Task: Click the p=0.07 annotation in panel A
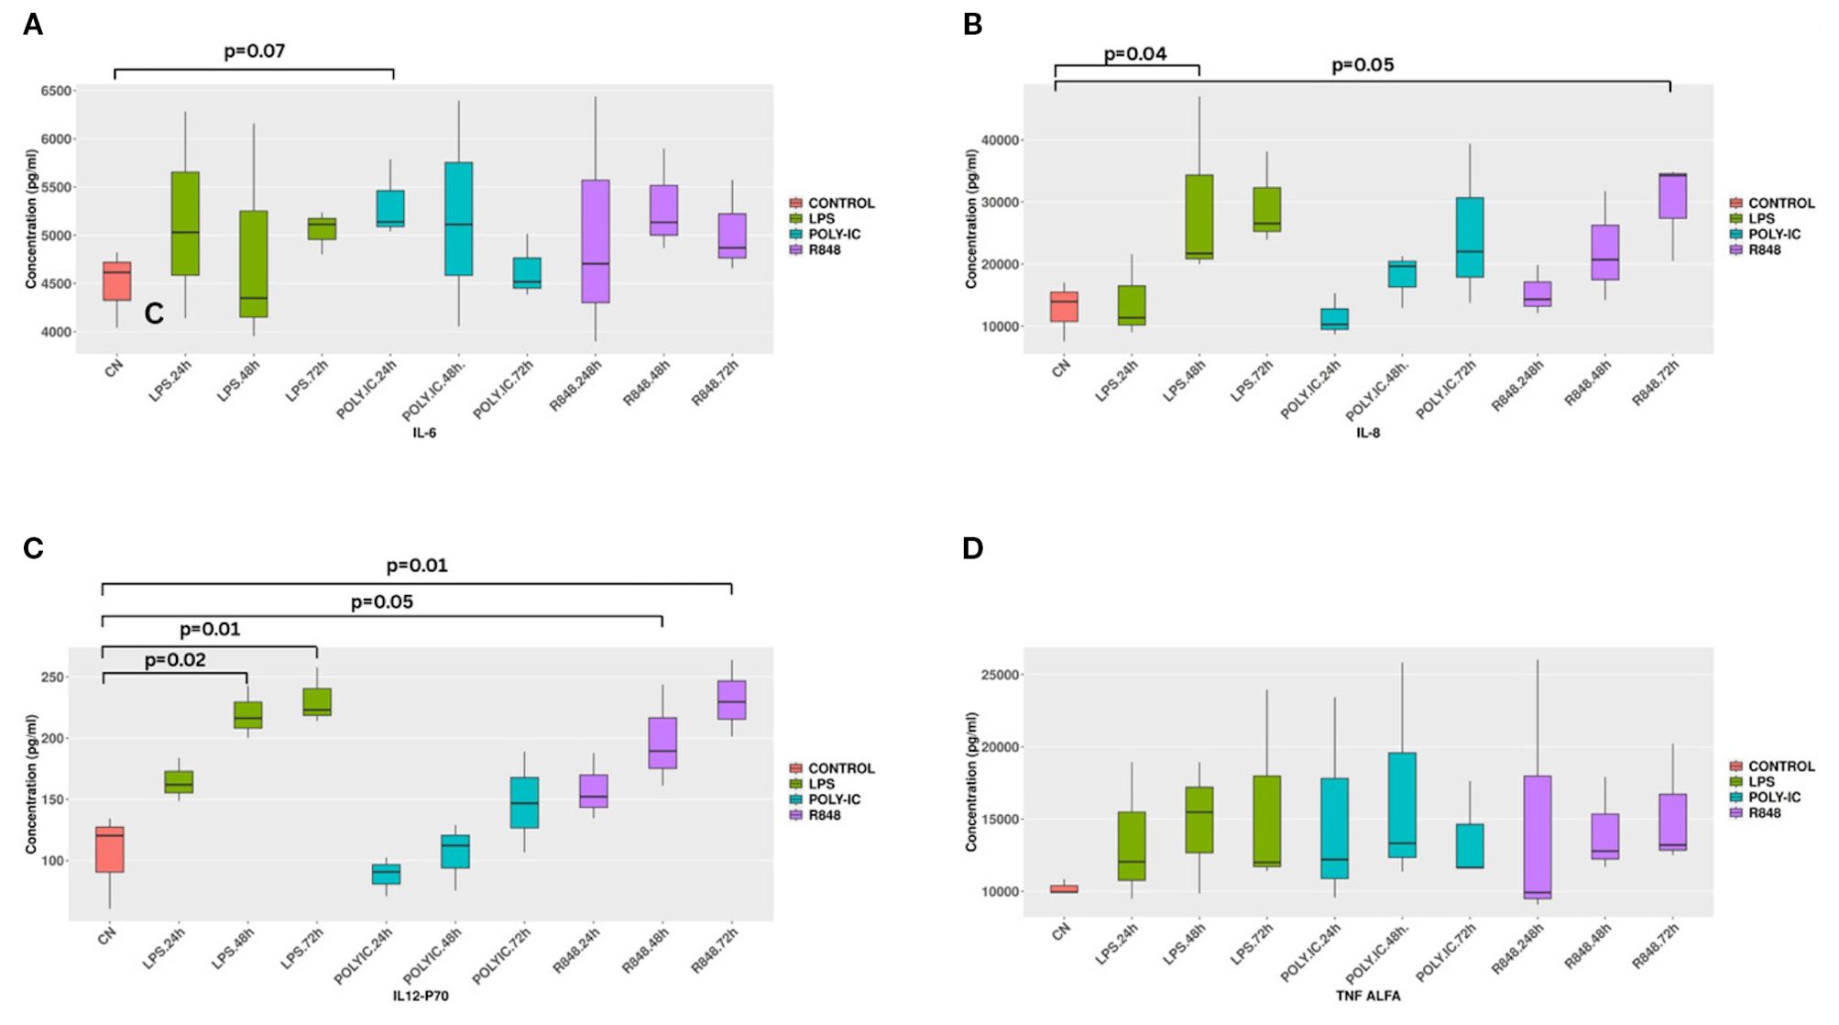(254, 51)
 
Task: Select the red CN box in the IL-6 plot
(116, 281)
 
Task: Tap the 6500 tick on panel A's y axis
(56, 91)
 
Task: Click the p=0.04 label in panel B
(1134, 54)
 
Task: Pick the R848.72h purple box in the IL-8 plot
(1672, 196)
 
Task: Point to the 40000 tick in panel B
(1001, 140)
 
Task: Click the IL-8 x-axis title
(1367, 433)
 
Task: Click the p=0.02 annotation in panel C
(175, 660)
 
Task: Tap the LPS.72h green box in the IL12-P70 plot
(317, 702)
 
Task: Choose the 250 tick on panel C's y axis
(52, 678)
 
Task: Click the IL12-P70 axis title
(421, 996)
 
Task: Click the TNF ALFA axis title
(1367, 996)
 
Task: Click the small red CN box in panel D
(1064, 888)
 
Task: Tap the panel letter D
(972, 548)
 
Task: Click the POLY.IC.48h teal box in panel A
(458, 219)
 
